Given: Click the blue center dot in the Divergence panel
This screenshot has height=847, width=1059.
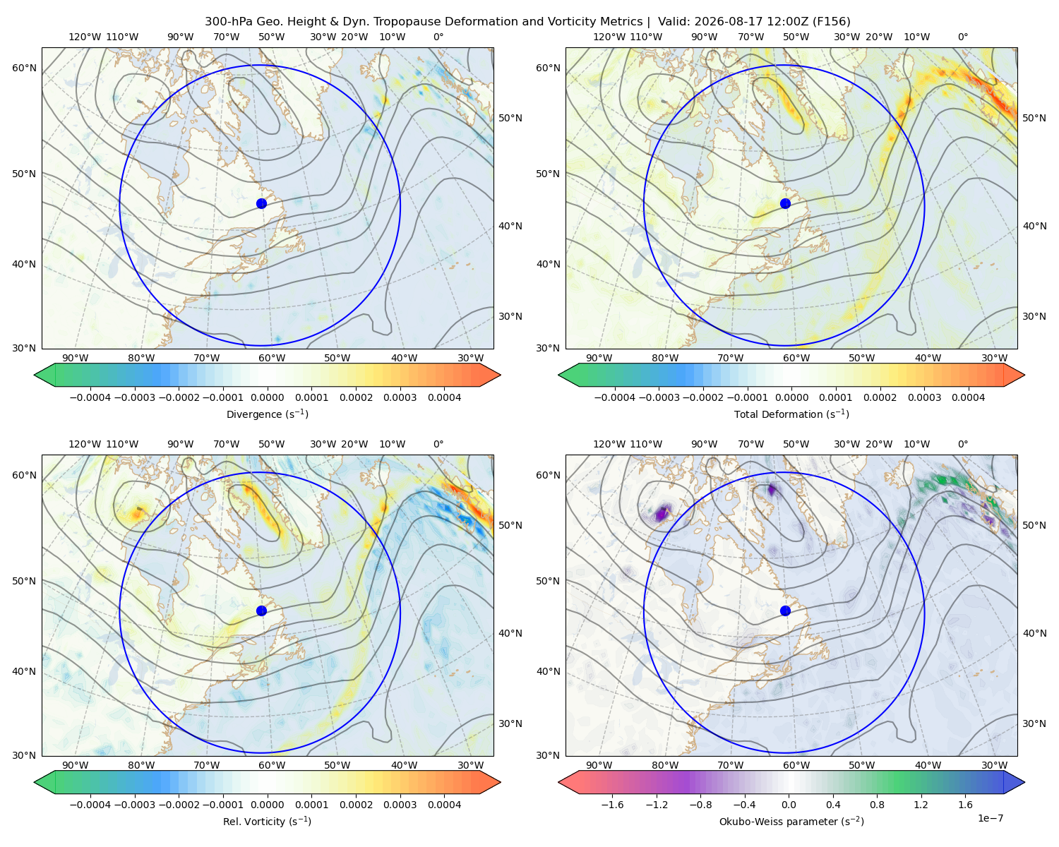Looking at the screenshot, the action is click(261, 203).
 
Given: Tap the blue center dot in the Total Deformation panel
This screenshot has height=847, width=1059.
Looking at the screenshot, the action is click(785, 203).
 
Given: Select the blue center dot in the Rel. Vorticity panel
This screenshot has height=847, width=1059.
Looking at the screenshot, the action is click(261, 611).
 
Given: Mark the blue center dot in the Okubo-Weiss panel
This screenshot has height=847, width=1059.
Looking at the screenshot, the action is click(785, 611).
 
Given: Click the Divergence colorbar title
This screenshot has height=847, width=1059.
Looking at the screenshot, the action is click(267, 414).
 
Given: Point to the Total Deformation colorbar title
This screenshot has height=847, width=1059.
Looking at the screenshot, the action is click(791, 414).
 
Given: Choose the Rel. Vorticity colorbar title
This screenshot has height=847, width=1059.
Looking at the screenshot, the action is click(267, 821).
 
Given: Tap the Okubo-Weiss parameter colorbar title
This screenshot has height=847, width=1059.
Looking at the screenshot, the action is click(791, 821).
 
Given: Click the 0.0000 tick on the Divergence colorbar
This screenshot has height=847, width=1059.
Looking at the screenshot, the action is click(267, 397).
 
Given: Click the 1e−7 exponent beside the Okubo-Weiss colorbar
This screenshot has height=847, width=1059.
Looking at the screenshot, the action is click(990, 818).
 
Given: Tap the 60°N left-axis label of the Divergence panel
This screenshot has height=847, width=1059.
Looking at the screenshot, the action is click(24, 68).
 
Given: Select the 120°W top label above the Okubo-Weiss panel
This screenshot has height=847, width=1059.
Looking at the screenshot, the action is click(609, 444).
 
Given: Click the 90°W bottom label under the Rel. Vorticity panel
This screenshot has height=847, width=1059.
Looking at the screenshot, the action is click(75, 765).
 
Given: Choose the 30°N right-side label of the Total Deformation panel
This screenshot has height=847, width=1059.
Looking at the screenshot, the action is click(1034, 316).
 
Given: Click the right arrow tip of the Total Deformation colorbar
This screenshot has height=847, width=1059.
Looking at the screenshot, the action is click(1024, 375).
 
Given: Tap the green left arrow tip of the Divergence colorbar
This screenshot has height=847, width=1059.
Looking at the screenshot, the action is click(35, 375).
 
